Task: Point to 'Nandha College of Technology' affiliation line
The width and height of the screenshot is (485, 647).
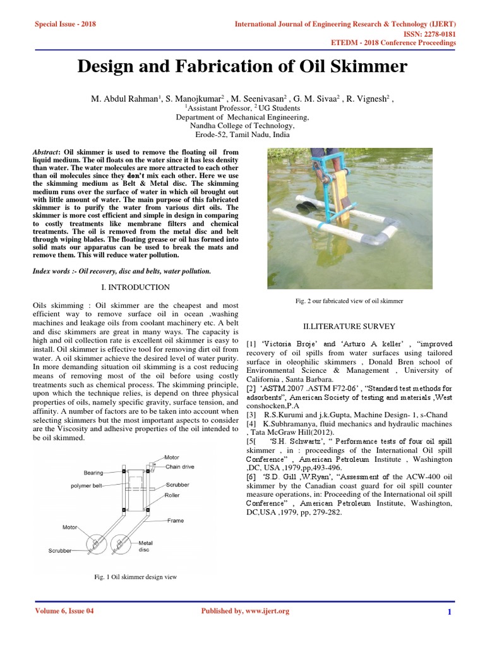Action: click(x=242, y=126)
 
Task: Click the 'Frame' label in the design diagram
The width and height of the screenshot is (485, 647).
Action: click(x=176, y=521)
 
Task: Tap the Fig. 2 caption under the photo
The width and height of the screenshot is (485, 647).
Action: click(x=349, y=301)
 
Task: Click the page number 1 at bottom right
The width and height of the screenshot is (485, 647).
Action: click(x=449, y=612)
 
